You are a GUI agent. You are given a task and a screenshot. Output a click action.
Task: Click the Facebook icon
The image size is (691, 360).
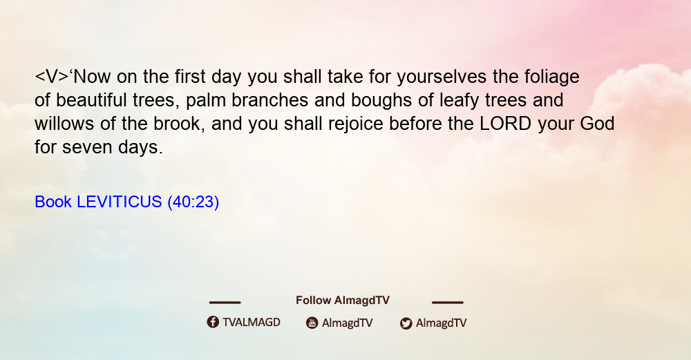(x=213, y=322)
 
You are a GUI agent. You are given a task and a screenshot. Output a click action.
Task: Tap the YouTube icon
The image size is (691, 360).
(x=312, y=323)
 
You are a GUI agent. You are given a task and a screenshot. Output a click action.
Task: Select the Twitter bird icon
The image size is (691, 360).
(x=406, y=323)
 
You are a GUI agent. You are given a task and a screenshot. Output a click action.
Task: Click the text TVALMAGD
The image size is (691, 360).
(x=252, y=322)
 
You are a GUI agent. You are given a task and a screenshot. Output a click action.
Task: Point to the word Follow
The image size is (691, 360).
(x=313, y=301)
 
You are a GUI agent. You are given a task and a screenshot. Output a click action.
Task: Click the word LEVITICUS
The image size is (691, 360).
(x=120, y=202)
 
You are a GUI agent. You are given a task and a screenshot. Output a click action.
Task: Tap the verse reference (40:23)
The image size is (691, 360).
(x=193, y=202)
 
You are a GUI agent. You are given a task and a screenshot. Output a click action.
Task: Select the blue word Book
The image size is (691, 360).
(x=53, y=202)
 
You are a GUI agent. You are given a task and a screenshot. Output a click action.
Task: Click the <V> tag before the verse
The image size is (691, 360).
(x=52, y=77)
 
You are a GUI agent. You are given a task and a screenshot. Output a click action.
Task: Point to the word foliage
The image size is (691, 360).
(x=551, y=77)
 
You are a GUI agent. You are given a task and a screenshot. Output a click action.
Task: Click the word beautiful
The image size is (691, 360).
(x=91, y=100)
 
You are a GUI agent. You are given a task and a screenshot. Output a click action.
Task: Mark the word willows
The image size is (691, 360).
(x=64, y=124)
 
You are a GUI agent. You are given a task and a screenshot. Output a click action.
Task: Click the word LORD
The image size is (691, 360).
(x=506, y=124)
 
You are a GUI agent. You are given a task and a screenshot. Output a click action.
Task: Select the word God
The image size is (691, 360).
(x=597, y=124)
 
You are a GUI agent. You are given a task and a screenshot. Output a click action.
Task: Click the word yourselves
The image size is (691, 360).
(x=442, y=77)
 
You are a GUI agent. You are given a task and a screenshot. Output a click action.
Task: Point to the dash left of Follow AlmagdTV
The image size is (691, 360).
(x=225, y=302)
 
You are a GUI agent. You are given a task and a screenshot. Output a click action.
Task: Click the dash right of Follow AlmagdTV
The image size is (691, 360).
(x=448, y=302)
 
